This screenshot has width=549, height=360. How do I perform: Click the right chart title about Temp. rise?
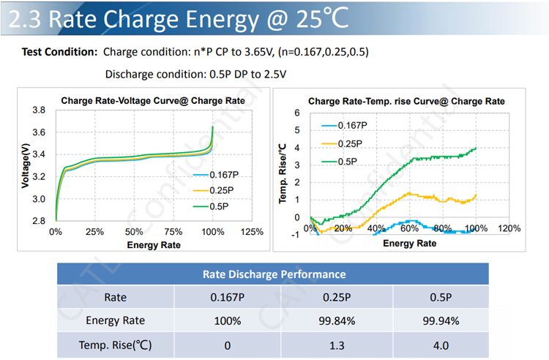point(406,101)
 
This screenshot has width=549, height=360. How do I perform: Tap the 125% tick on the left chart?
point(252,232)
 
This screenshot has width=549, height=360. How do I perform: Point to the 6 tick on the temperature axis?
point(296,113)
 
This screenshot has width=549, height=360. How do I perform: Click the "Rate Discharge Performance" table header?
point(274,274)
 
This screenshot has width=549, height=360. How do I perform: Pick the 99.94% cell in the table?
point(441,320)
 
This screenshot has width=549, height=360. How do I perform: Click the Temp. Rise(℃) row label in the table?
point(116,343)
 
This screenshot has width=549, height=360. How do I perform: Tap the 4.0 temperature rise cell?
point(441,343)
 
